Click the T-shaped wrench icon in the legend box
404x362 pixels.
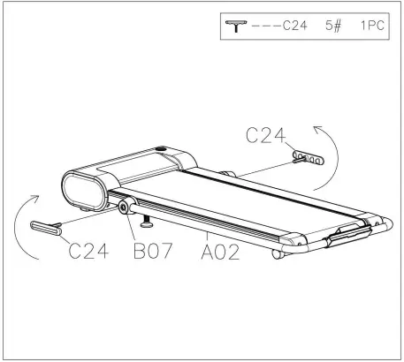[236, 26]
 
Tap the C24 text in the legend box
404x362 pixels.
[295, 26]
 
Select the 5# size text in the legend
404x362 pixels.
[333, 26]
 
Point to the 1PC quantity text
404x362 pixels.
[372, 26]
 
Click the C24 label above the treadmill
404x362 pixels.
[265, 136]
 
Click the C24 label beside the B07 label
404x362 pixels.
[88, 251]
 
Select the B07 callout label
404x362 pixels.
[153, 251]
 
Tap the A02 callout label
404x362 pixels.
[220, 252]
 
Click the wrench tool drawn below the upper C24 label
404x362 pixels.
[308, 158]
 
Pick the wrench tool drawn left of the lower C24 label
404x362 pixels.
[46, 228]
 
